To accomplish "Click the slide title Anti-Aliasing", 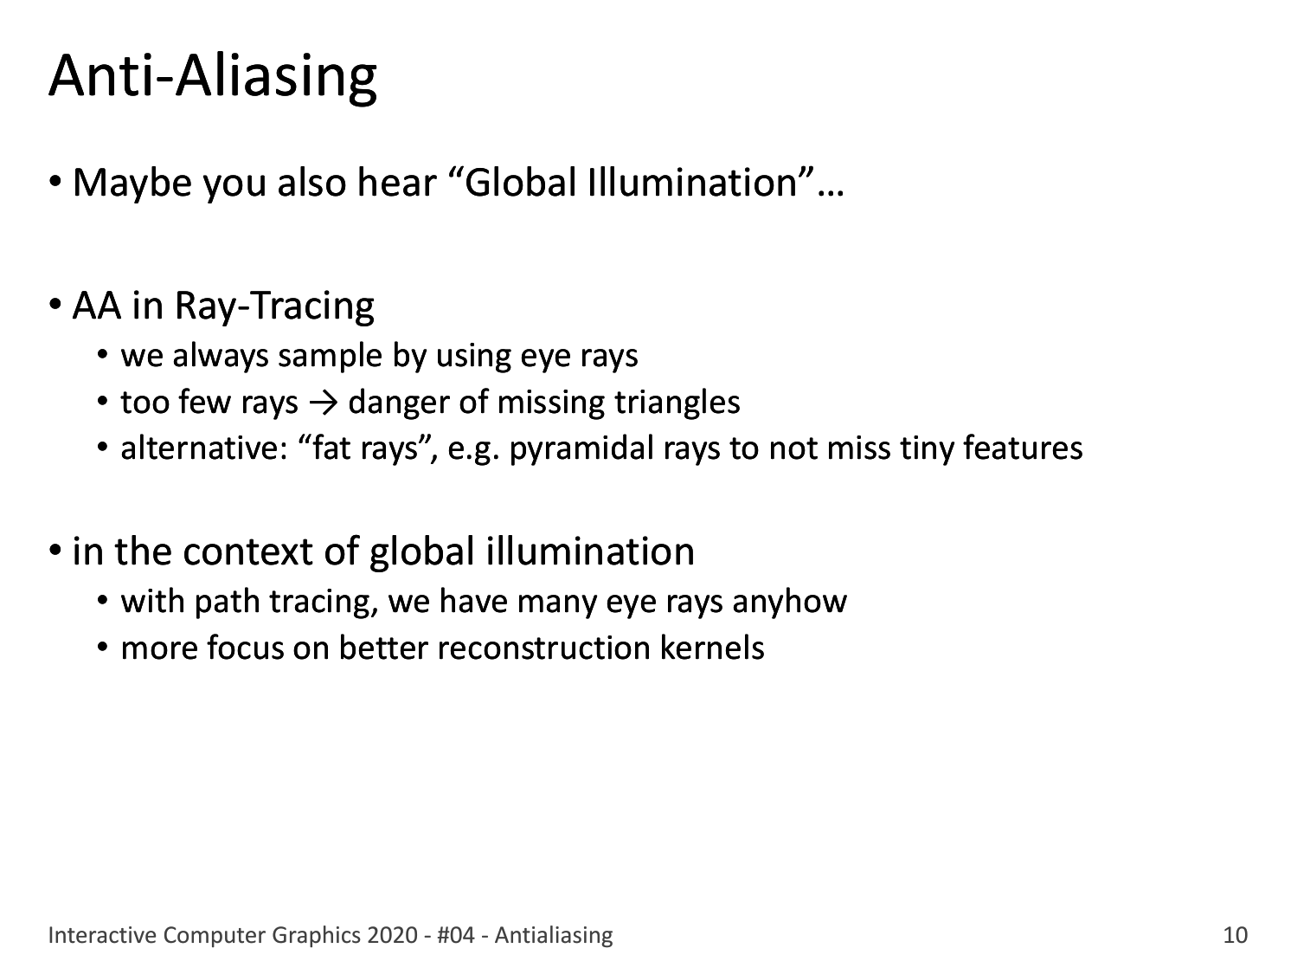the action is tap(213, 78).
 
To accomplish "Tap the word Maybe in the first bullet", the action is tap(132, 184).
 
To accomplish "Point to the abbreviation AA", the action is tap(97, 306).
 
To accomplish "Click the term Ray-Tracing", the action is tap(275, 307).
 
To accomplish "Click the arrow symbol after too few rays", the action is tap(324, 403).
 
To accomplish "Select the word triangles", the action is tap(677, 403).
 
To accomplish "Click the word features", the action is tap(1023, 448).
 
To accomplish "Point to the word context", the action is tap(247, 552).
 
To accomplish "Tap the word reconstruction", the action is tap(543, 648).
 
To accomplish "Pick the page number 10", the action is tap(1235, 936).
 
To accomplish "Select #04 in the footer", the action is tap(456, 936).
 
